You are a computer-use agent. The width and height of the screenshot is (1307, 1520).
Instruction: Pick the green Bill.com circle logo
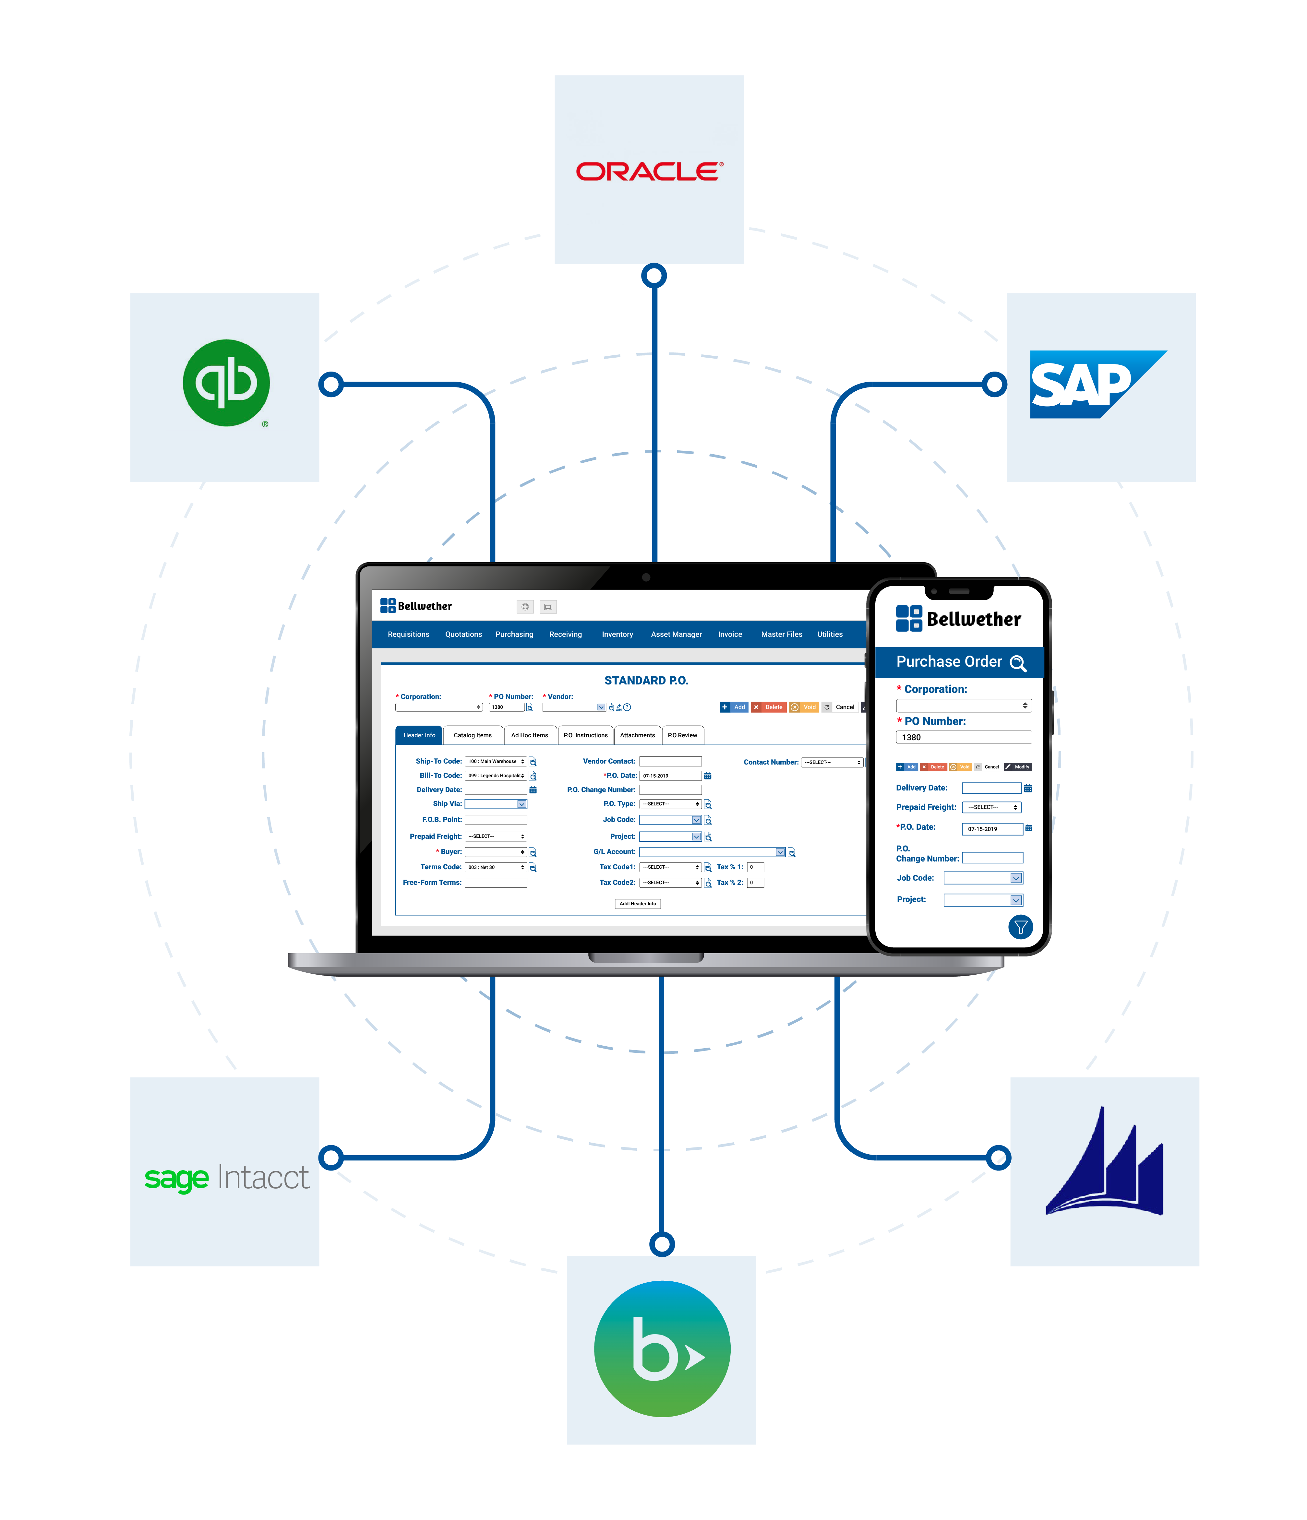coord(662,1348)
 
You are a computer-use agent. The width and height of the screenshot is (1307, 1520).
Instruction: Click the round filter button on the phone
coord(1020,927)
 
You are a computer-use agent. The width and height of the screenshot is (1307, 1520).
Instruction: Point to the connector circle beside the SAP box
coord(994,384)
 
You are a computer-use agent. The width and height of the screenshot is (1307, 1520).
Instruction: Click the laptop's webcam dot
coord(646,577)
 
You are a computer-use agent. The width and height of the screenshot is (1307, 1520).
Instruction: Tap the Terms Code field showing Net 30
coord(495,867)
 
